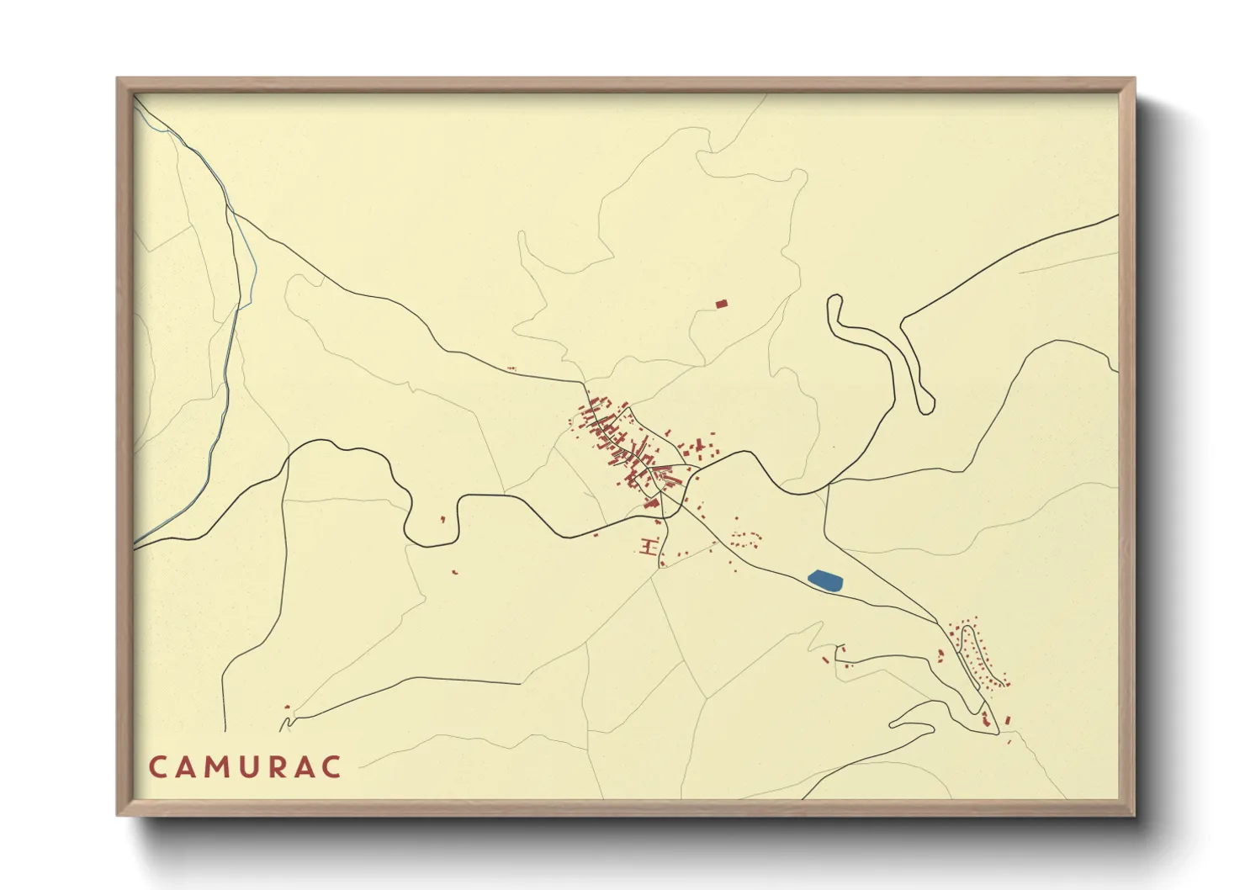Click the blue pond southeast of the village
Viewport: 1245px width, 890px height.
(x=825, y=580)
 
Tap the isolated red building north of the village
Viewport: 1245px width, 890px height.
(x=720, y=304)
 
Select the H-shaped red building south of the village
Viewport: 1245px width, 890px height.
(x=648, y=548)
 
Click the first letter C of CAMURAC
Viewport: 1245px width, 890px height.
(x=157, y=767)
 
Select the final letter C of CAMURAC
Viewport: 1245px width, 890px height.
(x=332, y=767)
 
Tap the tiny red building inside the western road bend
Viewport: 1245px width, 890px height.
(x=442, y=520)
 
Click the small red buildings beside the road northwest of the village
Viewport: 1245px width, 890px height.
(x=510, y=368)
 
